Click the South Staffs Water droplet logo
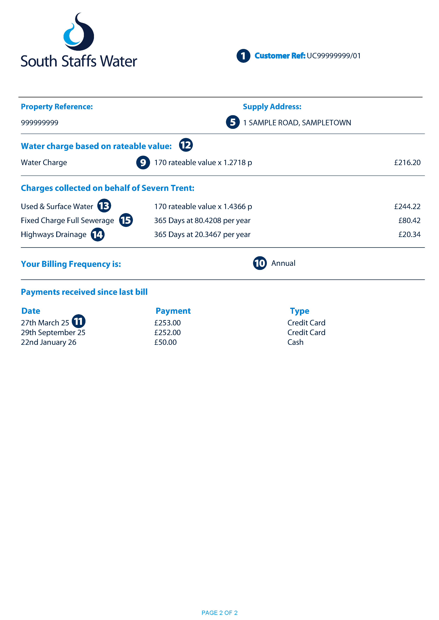tap(79, 32)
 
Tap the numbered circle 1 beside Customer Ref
tap(243, 56)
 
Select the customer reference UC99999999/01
tap(334, 56)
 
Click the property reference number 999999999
tap(39, 123)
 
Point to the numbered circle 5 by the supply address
tap(233, 122)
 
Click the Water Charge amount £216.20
tap(407, 163)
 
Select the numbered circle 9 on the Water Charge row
tap(143, 163)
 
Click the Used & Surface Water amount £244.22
tap(407, 207)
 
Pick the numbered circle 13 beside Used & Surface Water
tap(104, 206)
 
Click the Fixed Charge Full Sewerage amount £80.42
tap(409, 221)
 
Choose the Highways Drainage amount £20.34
tap(409, 235)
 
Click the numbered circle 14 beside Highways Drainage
tap(98, 235)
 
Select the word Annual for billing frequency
tap(283, 263)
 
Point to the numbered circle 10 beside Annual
tap(260, 263)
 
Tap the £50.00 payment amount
tap(165, 342)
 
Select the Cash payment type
tap(295, 342)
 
